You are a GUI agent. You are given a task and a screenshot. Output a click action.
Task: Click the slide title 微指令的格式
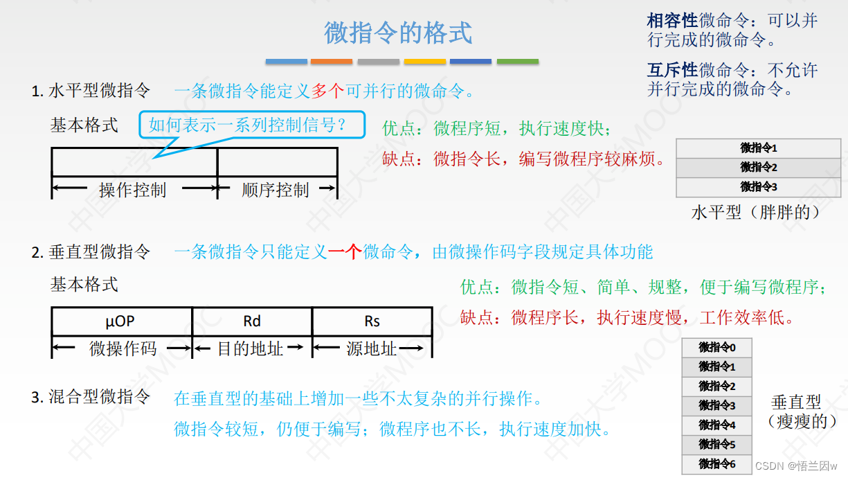coord(398,33)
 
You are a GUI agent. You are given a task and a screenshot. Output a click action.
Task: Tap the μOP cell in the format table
coord(120,321)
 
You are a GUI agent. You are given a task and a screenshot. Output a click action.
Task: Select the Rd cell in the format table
coord(252,321)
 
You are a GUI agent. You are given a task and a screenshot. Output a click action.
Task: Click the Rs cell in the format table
coord(372,321)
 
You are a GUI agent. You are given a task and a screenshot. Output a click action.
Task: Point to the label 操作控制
coord(133,190)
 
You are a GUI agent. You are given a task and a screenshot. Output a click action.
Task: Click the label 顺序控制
coord(276,190)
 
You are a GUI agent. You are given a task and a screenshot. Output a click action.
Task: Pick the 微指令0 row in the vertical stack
coord(716,348)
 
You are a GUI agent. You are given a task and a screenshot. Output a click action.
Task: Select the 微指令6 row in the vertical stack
coord(716,464)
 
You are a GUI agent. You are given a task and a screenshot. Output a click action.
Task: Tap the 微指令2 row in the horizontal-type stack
coord(759,168)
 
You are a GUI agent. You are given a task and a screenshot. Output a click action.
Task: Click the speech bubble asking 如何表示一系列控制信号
coord(252,125)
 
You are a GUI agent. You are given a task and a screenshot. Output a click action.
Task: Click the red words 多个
coord(327,91)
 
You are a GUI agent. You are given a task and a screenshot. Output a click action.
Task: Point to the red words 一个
coord(345,251)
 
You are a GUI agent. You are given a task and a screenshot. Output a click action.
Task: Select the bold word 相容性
coord(672,21)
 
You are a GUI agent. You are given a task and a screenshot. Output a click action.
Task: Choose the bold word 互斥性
coord(672,71)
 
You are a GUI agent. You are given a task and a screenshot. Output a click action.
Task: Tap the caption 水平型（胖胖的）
coord(756,212)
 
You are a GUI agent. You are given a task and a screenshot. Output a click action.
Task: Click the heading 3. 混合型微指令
coord(91,397)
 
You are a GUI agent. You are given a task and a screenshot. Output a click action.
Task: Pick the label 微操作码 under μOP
coord(123,349)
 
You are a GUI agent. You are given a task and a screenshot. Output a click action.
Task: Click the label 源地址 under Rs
coord(372,349)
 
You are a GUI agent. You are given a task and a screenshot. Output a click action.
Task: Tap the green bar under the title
coord(517,62)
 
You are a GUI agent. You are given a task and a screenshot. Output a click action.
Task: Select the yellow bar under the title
coord(424,62)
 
